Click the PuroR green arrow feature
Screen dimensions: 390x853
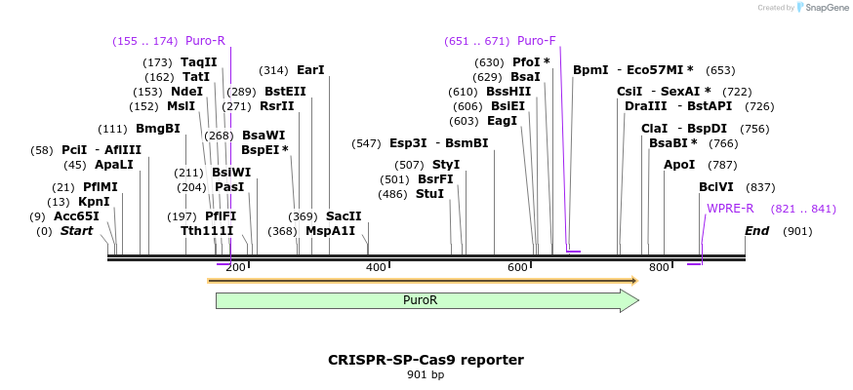(426, 300)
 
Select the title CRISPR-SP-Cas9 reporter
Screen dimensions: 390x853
(426, 360)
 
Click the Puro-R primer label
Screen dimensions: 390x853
(205, 41)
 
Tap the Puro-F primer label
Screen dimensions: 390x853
(536, 41)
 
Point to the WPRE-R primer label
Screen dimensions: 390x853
(730, 209)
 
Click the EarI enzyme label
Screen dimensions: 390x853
(310, 70)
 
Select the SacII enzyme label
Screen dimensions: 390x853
(344, 216)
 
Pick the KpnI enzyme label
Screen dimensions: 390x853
(94, 202)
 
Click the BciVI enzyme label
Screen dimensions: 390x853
(716, 187)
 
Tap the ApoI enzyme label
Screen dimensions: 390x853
(679, 165)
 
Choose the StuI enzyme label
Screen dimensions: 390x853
(429, 194)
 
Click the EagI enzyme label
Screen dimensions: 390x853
(502, 121)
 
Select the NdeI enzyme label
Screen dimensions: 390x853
(186, 92)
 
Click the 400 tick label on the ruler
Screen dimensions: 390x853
(376, 268)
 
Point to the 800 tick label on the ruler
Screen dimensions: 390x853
(659, 268)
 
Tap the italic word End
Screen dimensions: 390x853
(757, 231)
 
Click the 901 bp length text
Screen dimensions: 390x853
(426, 374)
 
